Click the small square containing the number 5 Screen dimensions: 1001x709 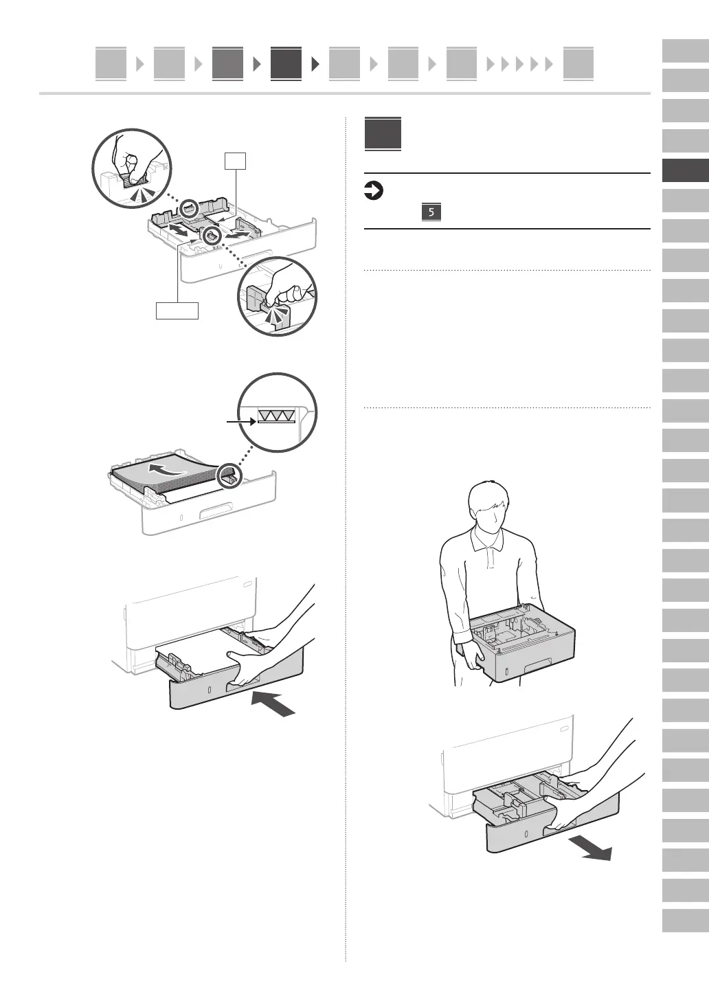tap(431, 212)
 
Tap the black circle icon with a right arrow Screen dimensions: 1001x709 tap(373, 191)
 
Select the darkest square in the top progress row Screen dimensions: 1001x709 tap(286, 64)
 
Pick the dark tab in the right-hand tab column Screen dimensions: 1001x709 tap(685, 171)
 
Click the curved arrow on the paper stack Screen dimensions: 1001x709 tap(168, 470)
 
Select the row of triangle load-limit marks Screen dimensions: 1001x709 tap(275, 415)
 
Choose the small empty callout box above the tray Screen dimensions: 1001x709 tap(236, 161)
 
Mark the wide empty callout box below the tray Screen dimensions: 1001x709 tap(177, 311)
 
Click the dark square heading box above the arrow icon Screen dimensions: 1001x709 tap(383, 134)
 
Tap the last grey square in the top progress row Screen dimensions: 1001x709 tap(578, 64)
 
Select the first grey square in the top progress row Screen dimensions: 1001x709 tap(111, 64)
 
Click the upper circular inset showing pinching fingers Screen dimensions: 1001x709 tap(132, 168)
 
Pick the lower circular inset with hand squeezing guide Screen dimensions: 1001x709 tap(278, 296)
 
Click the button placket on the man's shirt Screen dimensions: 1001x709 tap(489, 559)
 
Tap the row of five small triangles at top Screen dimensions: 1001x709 tap(520, 65)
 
